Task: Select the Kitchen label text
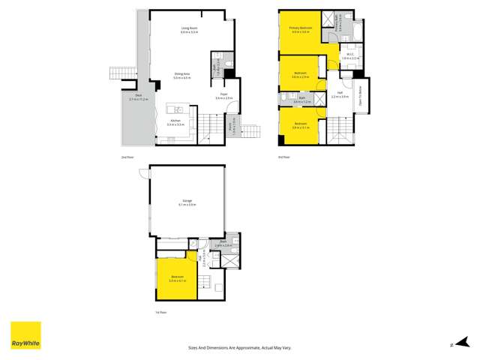(x=175, y=121)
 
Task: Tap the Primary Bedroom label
(x=300, y=30)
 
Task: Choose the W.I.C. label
(x=346, y=55)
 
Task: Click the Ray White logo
(x=25, y=335)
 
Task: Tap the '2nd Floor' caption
(x=127, y=158)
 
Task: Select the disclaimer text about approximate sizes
(x=240, y=347)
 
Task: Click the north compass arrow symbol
(x=450, y=343)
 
